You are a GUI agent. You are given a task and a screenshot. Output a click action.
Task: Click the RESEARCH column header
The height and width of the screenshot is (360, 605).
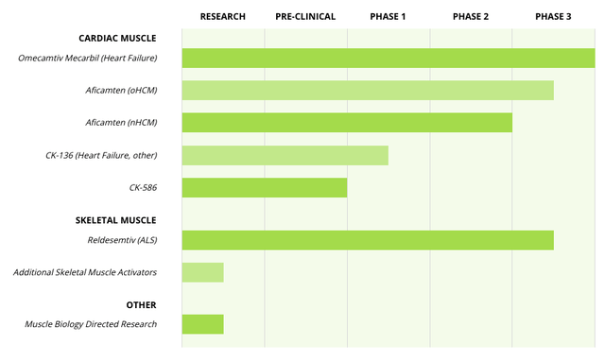coord(223,16)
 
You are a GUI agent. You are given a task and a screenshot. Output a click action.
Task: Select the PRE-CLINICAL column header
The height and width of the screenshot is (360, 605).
coord(305,16)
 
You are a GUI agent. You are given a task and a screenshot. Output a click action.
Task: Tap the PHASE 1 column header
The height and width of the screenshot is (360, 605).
coord(389,16)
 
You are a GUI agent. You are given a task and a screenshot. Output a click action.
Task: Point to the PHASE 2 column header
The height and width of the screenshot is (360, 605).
coord(471,16)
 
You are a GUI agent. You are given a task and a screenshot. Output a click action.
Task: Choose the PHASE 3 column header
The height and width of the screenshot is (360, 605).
coord(553,16)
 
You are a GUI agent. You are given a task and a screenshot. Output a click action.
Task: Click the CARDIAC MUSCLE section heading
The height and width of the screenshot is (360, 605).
coord(118,39)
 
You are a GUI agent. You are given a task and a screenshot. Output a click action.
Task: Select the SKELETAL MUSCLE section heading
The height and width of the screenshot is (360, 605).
coord(116,220)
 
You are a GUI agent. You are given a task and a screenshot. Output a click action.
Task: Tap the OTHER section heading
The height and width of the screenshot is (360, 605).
coord(141,305)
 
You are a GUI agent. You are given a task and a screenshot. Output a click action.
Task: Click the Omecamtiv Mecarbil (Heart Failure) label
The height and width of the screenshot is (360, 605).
coord(87,59)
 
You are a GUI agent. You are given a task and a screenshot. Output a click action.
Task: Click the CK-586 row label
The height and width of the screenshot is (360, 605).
coord(143,187)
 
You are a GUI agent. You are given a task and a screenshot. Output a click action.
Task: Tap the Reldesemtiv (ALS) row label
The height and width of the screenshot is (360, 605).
coord(121,241)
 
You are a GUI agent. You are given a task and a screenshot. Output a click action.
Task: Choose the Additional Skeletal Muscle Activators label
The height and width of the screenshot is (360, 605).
coord(85,273)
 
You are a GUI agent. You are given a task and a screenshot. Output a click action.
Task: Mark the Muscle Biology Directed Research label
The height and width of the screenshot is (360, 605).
coord(91,325)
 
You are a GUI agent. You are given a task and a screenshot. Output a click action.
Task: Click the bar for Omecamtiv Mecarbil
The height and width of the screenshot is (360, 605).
coord(388,59)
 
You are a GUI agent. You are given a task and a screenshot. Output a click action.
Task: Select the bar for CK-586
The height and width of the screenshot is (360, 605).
coord(264,187)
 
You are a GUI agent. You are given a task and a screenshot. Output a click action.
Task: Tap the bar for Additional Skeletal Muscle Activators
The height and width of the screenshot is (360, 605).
coord(202,273)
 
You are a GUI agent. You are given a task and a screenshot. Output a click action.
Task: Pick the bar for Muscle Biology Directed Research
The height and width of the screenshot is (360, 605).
coord(202,324)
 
